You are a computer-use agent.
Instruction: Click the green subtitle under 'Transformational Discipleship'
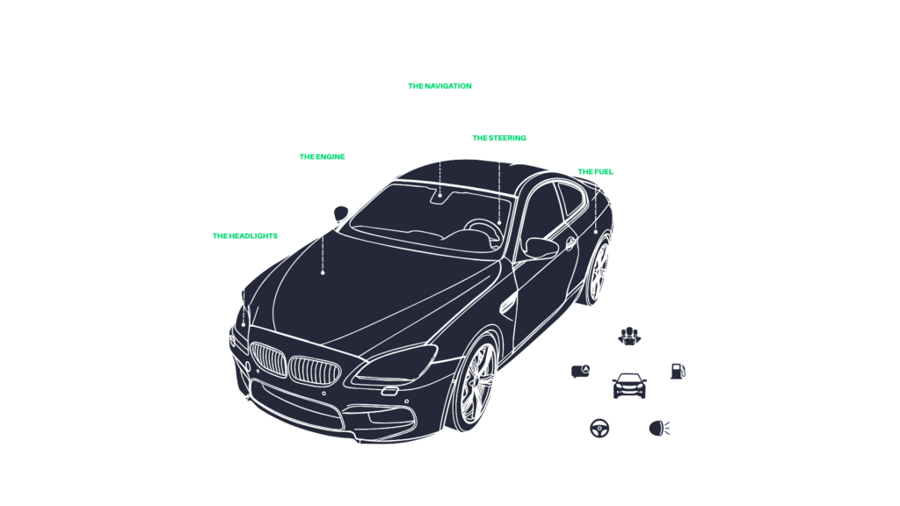(x=595, y=172)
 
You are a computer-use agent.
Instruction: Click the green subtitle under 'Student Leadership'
(x=245, y=235)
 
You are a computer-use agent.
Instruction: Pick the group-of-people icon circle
(x=629, y=334)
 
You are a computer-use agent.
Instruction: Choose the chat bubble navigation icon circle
(x=580, y=371)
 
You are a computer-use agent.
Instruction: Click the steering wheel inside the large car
(x=483, y=226)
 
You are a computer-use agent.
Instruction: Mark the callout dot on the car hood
(x=323, y=272)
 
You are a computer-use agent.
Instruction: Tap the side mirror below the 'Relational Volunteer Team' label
(x=342, y=212)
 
